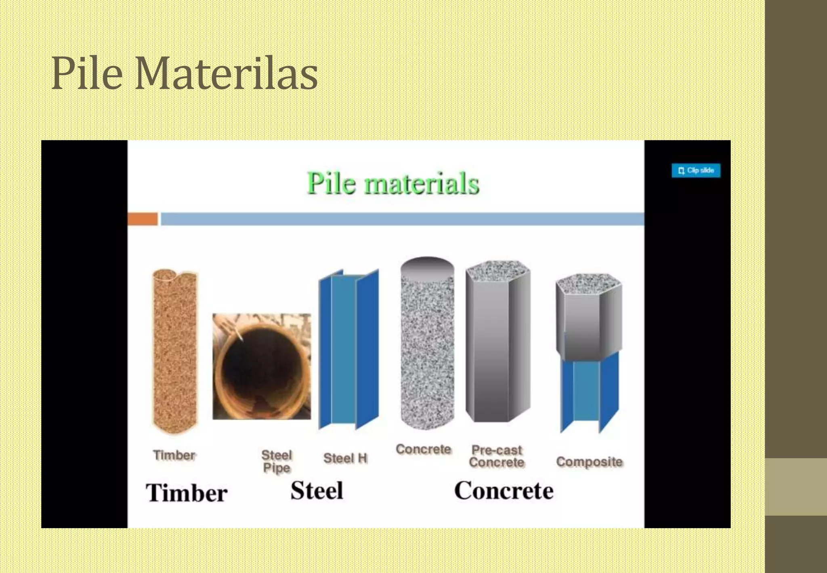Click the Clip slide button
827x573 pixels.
[696, 170]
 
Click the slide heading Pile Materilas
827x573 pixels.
[184, 74]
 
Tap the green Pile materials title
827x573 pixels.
[393, 183]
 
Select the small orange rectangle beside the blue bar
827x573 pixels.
[143, 219]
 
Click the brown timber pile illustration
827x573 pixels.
[175, 352]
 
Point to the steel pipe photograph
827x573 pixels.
[262, 366]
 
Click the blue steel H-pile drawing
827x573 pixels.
[348, 350]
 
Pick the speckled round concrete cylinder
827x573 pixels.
[427, 352]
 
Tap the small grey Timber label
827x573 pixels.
[174, 455]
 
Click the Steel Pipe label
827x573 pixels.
[277, 461]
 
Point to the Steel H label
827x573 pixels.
[345, 458]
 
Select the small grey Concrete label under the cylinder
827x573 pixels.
[423, 449]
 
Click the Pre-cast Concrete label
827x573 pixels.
[497, 456]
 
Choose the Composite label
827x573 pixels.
[589, 461]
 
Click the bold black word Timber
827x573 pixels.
[187, 493]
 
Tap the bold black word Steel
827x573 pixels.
[317, 491]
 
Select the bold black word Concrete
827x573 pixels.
[504, 491]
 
